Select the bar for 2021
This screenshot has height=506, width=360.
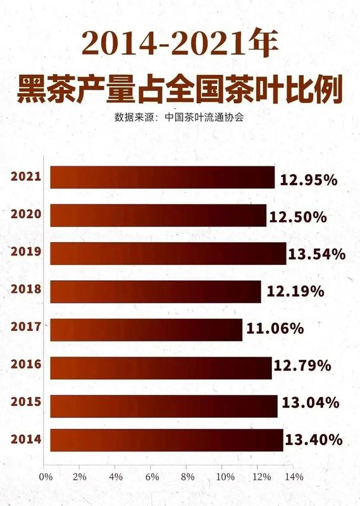[x=163, y=177]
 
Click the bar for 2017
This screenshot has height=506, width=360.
[x=146, y=330]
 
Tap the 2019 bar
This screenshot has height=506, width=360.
[x=168, y=254]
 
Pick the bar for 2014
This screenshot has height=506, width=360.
[x=166, y=440]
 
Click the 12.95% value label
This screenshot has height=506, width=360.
[x=309, y=180]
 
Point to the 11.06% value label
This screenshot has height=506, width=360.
[x=275, y=328]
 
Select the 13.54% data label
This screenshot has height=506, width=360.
[x=317, y=254]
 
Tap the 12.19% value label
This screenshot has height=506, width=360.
[x=295, y=292]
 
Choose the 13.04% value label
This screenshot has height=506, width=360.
[x=311, y=403]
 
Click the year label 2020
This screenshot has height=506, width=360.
[x=26, y=214]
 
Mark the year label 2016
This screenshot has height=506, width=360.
[x=26, y=364]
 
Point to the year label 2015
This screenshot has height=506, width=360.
[x=26, y=402]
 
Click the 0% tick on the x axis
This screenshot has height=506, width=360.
[x=46, y=477]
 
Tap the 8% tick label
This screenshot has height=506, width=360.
[x=187, y=477]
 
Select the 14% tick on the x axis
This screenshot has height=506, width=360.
[x=294, y=477]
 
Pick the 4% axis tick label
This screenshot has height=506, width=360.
[x=116, y=477]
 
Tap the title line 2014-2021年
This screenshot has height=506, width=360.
[x=180, y=44]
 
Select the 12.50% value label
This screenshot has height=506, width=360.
[x=298, y=217]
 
